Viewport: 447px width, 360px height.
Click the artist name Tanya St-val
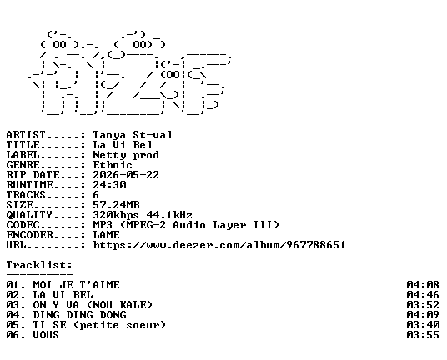[133, 135]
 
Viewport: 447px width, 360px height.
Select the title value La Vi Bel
[123, 145]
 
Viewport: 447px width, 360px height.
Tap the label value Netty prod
[126, 155]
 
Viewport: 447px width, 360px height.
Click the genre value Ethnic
[113, 165]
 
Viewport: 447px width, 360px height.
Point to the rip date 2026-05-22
[126, 175]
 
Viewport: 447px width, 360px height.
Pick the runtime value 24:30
[109, 185]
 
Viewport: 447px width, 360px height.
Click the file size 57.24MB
[116, 205]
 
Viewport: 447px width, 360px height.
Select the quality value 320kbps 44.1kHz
[143, 215]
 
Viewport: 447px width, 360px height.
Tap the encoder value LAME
[107, 235]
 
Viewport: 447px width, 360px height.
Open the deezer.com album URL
[219, 245]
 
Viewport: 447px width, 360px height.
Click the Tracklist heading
[39, 265]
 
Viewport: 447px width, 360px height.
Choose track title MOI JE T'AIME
[77, 285]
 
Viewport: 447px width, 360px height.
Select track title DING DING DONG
[79, 315]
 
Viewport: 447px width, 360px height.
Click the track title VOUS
[46, 335]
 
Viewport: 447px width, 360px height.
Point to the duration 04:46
[423, 295]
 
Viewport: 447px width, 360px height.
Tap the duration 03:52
[423, 305]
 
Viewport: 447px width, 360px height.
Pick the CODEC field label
[23, 225]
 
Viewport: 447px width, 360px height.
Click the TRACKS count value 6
[96, 195]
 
